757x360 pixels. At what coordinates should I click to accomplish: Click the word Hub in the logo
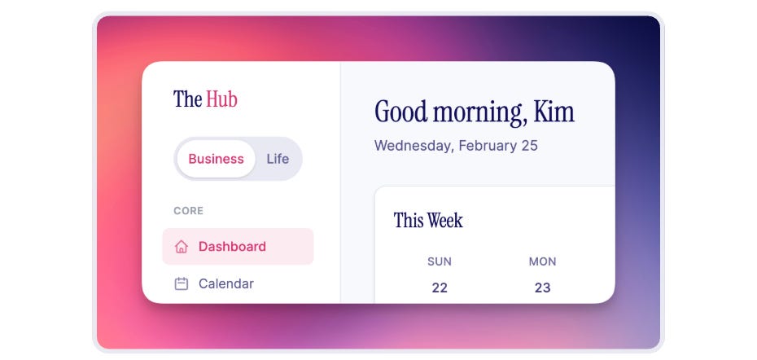(221, 99)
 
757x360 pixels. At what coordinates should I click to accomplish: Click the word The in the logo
(187, 99)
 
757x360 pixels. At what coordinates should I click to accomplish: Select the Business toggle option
(216, 159)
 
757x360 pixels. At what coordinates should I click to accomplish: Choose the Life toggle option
(278, 159)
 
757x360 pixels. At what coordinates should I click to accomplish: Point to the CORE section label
(188, 211)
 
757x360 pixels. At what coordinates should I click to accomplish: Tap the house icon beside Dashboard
(182, 247)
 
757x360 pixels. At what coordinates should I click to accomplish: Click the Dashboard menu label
(232, 247)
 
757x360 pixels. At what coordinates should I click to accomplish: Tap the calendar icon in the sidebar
(182, 284)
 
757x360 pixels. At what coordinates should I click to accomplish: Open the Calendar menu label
(225, 284)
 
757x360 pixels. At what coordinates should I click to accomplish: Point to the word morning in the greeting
(478, 112)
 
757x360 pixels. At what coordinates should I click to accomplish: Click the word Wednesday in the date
(413, 147)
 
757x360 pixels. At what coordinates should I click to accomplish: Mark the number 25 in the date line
(528, 147)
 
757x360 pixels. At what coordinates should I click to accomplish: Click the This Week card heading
(428, 220)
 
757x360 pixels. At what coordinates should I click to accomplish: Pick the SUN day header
(440, 261)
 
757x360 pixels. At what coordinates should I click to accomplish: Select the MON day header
(542, 261)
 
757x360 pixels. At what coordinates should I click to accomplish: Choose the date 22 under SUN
(440, 288)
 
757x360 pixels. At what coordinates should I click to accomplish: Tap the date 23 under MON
(542, 288)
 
